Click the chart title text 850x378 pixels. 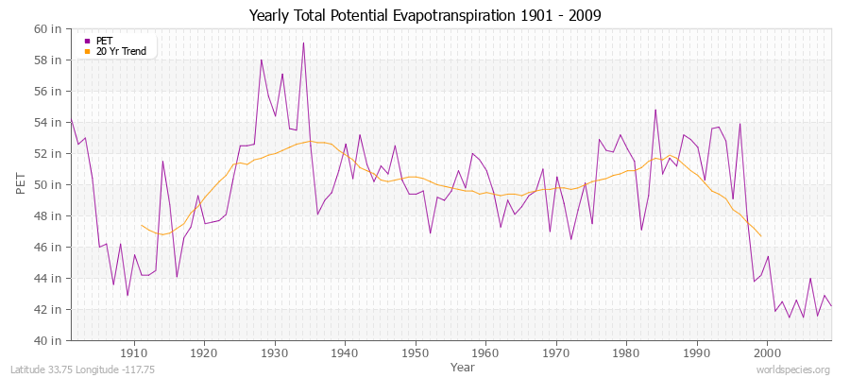tap(425, 15)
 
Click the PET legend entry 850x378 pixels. tap(104, 41)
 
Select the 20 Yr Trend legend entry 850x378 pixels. tap(121, 51)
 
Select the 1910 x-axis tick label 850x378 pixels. tap(134, 352)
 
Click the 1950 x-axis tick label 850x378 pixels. tap(415, 352)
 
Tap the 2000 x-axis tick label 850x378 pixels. tap(767, 352)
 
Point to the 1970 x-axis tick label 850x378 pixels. tap(555, 352)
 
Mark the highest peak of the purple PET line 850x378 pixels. tap(303, 43)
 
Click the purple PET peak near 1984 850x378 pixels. tap(655, 110)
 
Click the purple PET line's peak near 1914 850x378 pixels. tap(162, 161)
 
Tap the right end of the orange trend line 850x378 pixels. tap(760, 235)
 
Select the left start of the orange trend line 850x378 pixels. tap(141, 225)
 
